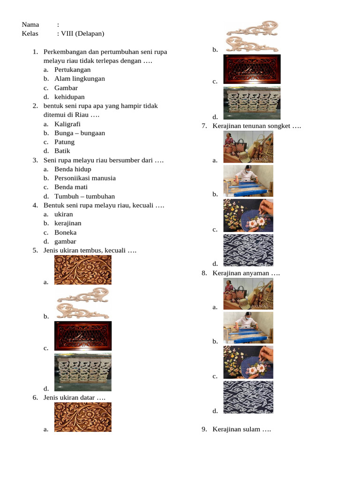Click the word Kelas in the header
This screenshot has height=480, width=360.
pos(30,33)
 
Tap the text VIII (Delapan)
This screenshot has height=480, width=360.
pos(82,33)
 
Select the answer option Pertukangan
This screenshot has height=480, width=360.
pos(73,70)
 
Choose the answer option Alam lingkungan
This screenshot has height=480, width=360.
pos(80,79)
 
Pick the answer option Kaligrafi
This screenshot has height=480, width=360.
pos(67,124)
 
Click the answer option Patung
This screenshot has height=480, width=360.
pos(64,142)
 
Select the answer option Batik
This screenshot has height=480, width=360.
pos(62,151)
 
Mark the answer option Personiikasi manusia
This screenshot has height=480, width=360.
pos(85,178)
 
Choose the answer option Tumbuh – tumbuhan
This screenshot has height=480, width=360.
pos(84,196)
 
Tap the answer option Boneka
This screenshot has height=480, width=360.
pos(66,232)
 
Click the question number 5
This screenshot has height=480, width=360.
pos(35,250)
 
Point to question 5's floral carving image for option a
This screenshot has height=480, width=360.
pos(83,270)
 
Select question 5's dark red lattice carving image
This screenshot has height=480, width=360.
pos(83,336)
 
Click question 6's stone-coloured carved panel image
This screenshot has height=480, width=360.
pos(252,103)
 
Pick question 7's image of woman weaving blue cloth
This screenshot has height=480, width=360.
pos(248,181)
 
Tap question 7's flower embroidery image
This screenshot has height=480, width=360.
pos(248,216)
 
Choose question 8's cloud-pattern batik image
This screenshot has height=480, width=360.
pos(248,397)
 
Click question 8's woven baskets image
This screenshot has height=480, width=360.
pos(248,294)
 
